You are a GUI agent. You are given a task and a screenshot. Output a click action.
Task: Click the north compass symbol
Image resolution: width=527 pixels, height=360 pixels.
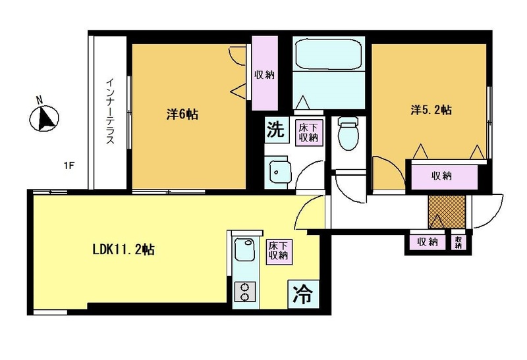click(x=44, y=118)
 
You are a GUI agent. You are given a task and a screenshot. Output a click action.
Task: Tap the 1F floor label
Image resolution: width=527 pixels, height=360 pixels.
click(x=69, y=166)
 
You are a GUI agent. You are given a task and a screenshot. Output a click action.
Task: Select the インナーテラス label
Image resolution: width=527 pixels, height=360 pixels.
click(x=110, y=111)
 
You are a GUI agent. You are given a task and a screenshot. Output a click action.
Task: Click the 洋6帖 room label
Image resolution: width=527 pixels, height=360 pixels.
click(x=182, y=114)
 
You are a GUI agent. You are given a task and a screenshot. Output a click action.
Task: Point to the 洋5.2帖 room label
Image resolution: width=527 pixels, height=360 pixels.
click(x=431, y=110)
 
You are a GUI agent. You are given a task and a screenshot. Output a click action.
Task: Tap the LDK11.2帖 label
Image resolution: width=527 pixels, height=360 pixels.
click(x=123, y=249)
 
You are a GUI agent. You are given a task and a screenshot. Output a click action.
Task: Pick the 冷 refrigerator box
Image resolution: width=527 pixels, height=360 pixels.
click(x=303, y=294)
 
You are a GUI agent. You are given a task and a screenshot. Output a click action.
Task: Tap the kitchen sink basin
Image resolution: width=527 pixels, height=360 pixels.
click(x=244, y=249)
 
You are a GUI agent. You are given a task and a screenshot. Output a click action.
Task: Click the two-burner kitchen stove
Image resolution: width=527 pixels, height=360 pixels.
click(x=244, y=292)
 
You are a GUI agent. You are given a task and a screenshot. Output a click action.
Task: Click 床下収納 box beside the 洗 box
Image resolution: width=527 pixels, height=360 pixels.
click(x=309, y=132)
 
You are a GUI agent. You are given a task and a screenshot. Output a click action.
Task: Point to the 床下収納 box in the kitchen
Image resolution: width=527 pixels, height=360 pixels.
click(x=279, y=251)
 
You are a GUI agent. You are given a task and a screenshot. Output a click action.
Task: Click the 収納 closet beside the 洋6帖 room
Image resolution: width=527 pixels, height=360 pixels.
click(x=265, y=73)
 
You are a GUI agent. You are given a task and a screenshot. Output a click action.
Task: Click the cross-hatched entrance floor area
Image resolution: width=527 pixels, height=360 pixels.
click(x=447, y=211)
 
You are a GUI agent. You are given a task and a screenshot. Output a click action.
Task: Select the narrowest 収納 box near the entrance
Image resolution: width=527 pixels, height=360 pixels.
click(x=458, y=242)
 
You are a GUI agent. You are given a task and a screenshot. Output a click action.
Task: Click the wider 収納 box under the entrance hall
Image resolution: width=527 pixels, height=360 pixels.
click(x=428, y=242)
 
